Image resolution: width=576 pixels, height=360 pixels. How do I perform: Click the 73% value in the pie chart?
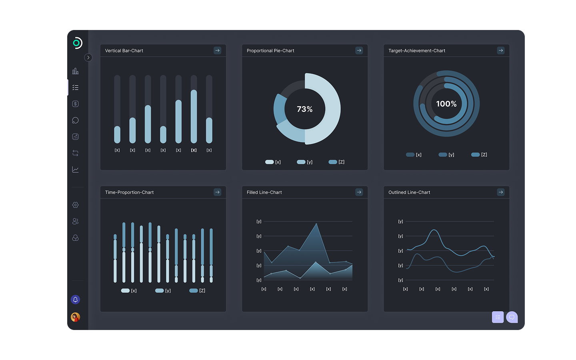[305, 109]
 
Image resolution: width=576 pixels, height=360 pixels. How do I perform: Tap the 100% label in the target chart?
[446, 104]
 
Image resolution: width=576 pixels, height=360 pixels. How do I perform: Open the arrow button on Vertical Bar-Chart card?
[217, 50]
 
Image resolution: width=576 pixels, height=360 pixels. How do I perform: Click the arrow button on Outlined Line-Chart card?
[501, 192]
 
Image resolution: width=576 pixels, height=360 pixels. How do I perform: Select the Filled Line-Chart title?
[264, 192]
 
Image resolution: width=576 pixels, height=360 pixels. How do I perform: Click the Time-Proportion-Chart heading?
[129, 192]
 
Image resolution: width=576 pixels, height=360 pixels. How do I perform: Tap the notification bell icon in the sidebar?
[75, 300]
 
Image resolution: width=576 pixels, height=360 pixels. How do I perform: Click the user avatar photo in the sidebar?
[75, 317]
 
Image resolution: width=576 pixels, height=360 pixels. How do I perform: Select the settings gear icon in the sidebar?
[75, 205]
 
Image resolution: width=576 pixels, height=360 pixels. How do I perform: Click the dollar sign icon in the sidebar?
[75, 104]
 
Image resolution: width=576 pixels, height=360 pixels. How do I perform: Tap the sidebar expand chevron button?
[88, 58]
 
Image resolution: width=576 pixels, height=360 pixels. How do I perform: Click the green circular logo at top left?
[77, 43]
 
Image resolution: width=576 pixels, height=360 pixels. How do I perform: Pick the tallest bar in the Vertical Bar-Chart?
[194, 116]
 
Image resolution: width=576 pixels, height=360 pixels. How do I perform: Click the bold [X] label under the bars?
[194, 150]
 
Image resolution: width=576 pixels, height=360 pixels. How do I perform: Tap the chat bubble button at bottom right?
[512, 317]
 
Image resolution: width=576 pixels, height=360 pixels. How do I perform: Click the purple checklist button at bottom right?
[498, 317]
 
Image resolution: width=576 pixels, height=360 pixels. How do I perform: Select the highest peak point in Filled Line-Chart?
[316, 224]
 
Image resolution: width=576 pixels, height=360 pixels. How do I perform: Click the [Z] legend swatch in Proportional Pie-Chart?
[332, 162]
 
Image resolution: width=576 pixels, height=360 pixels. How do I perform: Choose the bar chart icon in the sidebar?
[75, 71]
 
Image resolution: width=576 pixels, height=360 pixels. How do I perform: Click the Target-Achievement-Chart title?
[416, 51]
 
